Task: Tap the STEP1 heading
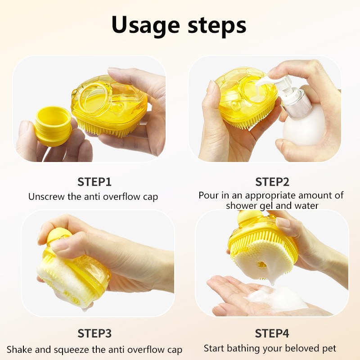94,182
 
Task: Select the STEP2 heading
272,182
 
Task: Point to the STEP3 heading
94,333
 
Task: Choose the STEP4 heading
272,333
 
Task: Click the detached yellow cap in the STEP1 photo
53,126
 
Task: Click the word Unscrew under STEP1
46,197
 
